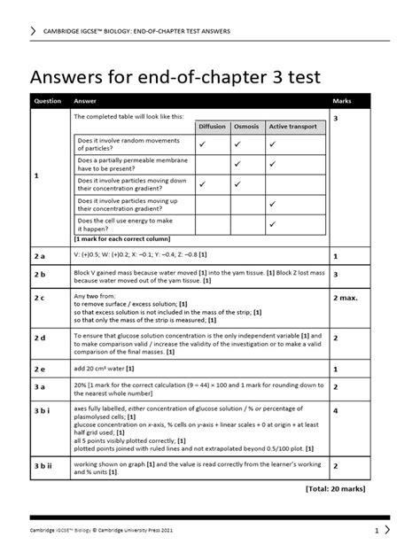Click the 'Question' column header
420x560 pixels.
[x=47, y=101]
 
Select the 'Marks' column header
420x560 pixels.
[x=342, y=101]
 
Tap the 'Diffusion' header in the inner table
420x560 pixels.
[x=213, y=127]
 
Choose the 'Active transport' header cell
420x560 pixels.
[x=291, y=127]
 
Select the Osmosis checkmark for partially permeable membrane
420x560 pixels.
[x=237, y=164]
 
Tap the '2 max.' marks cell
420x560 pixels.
[x=346, y=297]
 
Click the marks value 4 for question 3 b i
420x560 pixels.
[x=336, y=411]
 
